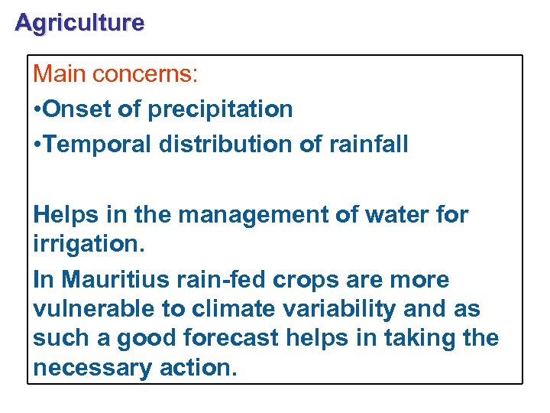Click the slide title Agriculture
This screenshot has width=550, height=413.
[79, 23]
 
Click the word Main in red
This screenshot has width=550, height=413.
[60, 74]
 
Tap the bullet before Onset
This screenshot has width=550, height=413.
[37, 109]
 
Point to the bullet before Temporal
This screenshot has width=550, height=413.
[37, 144]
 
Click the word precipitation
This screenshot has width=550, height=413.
[220, 109]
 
